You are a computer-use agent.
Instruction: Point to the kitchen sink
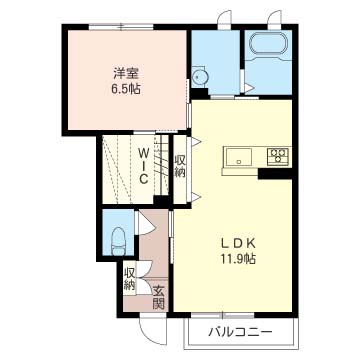tap(241, 157)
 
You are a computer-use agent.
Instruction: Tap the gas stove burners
tap(277, 156)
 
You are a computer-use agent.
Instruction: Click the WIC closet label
tap(145, 165)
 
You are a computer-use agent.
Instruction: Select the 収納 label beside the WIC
tap(180, 166)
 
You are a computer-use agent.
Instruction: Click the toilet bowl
tap(118, 240)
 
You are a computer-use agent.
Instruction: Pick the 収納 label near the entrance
tap(130, 278)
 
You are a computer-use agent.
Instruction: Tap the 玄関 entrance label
tap(157, 296)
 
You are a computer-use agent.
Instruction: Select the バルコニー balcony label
tap(239, 331)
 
